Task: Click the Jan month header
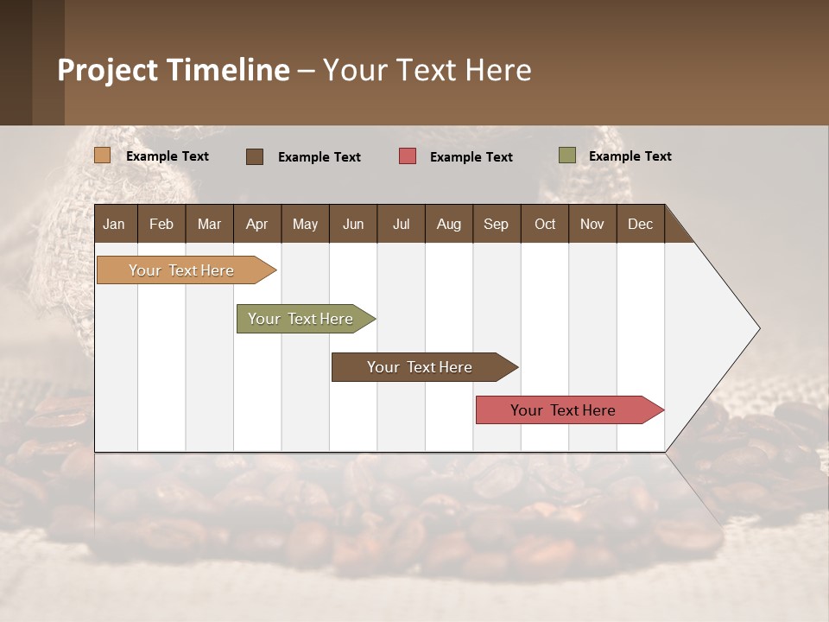114,224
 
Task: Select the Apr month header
256,224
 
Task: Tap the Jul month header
401,224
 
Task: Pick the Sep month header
496,224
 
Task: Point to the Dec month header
640,224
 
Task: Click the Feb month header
161,224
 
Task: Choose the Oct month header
545,224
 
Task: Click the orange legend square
102,155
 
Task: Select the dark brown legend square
254,156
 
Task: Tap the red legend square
407,156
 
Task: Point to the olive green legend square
566,155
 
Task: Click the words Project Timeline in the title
174,70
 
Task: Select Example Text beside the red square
471,157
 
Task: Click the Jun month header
353,224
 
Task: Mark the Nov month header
592,224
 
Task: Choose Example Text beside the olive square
630,156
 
